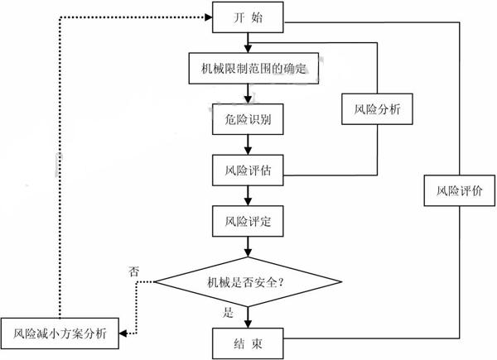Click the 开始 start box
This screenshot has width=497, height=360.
tap(247, 18)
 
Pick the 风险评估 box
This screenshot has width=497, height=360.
tap(247, 170)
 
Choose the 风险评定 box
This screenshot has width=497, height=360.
tap(247, 222)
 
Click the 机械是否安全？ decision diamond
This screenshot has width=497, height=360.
tap(247, 283)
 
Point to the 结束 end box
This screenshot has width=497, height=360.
tap(247, 341)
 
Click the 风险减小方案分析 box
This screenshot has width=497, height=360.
tap(60, 334)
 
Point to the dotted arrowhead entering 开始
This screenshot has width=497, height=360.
tap(207, 18)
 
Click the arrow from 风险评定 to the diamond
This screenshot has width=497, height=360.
tap(247, 247)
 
